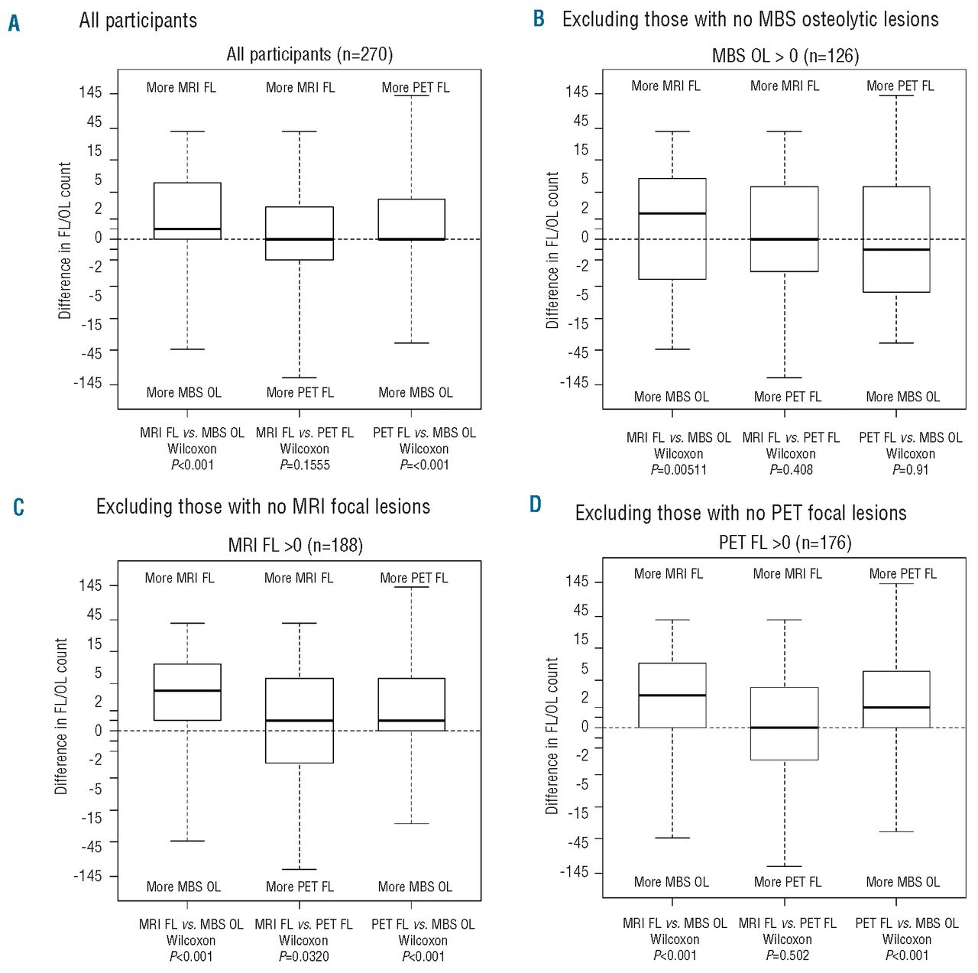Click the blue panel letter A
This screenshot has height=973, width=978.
pos(14,24)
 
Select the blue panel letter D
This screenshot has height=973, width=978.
pos(536,504)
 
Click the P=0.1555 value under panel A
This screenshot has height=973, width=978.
pos(305,465)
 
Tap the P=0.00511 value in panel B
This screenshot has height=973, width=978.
pos(678,470)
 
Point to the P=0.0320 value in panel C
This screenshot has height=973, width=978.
pos(303,956)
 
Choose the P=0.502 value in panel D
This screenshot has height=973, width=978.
pos(787,955)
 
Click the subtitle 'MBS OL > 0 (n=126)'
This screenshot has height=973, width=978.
pos(785,56)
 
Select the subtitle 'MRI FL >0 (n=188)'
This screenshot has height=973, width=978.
pos(296,546)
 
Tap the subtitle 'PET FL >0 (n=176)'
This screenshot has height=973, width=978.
pos(785,543)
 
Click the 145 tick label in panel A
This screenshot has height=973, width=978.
pos(90,92)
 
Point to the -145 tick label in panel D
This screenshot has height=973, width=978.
pos(575,871)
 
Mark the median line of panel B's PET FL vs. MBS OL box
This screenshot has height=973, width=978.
pos(896,249)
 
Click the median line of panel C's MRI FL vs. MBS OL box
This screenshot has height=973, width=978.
pos(187,690)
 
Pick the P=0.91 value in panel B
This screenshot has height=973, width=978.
pos(910,470)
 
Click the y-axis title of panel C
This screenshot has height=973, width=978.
pos(61,716)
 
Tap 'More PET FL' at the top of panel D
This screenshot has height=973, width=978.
pos(902,574)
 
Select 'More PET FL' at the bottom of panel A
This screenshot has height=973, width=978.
pos(300,393)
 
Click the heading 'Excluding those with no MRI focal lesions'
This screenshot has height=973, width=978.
pos(263,507)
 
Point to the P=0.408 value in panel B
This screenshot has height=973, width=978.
pos(791,470)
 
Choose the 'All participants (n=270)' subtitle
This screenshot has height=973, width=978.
pos(309,55)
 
